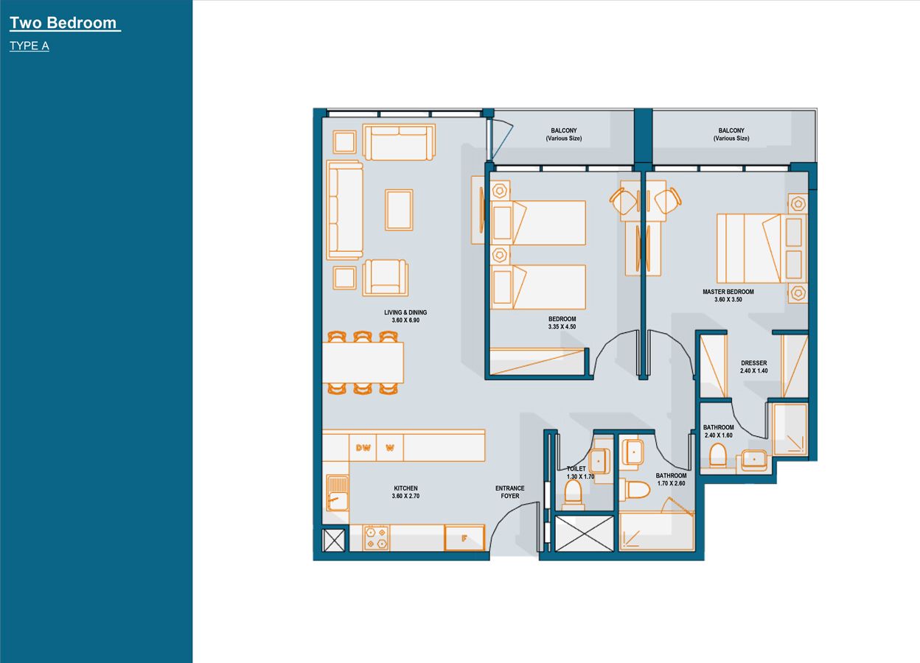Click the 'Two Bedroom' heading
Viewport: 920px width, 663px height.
click(x=63, y=23)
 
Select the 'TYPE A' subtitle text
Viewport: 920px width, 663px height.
click(x=29, y=46)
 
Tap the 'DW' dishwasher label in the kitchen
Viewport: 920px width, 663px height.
click(x=363, y=447)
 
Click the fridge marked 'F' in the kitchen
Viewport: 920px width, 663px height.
click(x=464, y=538)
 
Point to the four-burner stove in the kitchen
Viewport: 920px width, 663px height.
click(x=376, y=538)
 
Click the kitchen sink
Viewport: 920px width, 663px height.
click(x=338, y=492)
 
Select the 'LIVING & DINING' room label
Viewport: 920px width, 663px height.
click(x=405, y=312)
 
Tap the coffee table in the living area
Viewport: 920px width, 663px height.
click(x=399, y=210)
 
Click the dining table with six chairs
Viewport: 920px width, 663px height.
click(x=363, y=362)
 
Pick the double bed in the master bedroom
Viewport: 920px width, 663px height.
click(x=749, y=248)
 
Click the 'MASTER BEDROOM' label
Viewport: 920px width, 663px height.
click(x=728, y=292)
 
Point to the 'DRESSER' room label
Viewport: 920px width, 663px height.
click(x=753, y=363)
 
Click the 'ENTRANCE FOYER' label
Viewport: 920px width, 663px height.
click(x=509, y=492)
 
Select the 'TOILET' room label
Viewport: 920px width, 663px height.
click(x=576, y=469)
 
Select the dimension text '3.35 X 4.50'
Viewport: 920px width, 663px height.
click(x=561, y=326)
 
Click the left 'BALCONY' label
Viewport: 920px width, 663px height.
click(x=563, y=130)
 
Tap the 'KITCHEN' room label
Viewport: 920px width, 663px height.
click(x=405, y=488)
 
